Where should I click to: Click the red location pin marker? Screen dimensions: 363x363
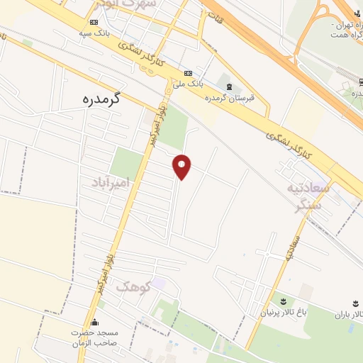[x=182, y=167]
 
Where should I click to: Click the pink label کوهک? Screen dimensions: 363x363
[x=133, y=287]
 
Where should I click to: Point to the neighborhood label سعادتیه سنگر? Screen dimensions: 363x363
[x=310, y=196]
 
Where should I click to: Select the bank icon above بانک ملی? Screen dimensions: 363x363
[x=188, y=73]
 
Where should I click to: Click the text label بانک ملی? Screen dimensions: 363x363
[x=191, y=84]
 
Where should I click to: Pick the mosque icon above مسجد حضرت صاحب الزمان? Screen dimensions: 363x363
[x=94, y=321]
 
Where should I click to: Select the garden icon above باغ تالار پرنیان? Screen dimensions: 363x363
[x=284, y=302]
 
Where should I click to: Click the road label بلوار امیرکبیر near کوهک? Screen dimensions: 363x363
[x=104, y=272]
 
